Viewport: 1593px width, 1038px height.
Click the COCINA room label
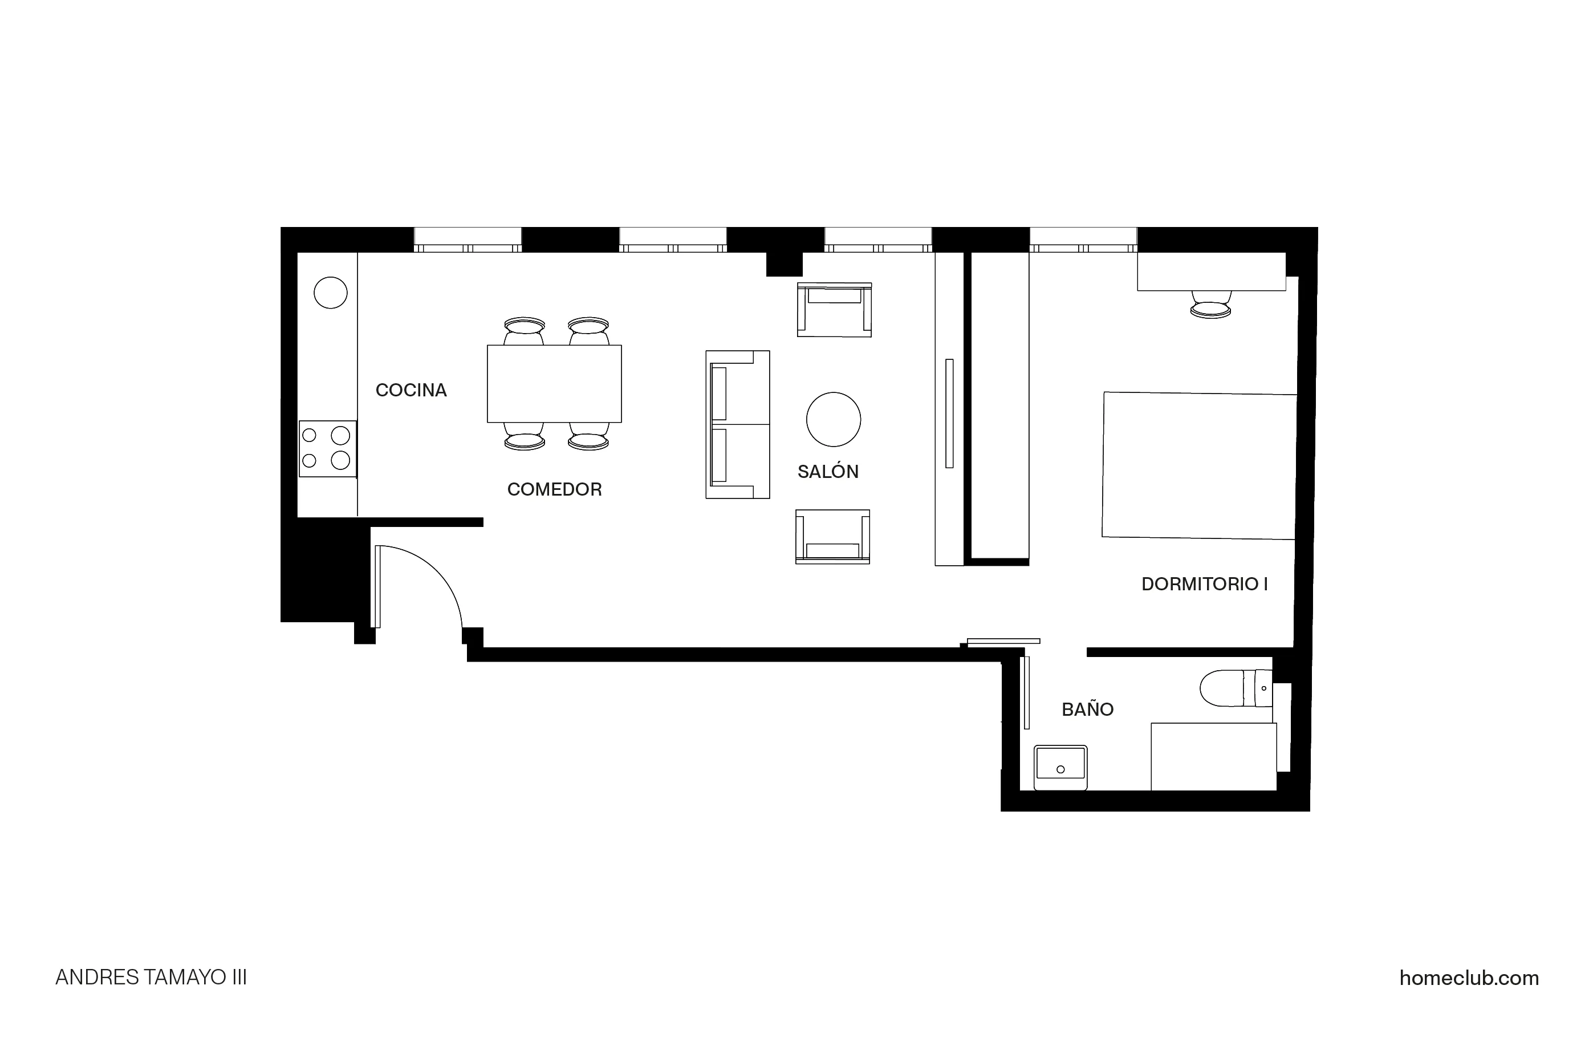click(411, 391)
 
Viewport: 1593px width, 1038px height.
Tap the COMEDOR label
click(554, 489)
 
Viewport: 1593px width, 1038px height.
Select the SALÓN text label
click(827, 472)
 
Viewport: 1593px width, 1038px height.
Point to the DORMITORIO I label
click(1204, 585)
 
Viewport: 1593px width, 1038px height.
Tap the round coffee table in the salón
click(834, 419)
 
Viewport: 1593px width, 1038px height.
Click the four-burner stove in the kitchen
click(327, 449)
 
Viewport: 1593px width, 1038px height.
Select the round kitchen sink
click(331, 293)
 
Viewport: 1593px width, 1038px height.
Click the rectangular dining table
click(554, 384)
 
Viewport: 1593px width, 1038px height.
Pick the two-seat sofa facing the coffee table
click(737, 424)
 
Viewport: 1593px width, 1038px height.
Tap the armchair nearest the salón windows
click(834, 309)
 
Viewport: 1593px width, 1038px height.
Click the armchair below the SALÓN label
click(832, 537)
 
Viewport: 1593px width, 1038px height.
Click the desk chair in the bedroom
click(1211, 305)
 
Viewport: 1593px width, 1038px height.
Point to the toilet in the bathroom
click(1235, 688)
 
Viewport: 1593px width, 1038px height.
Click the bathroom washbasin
click(1060, 768)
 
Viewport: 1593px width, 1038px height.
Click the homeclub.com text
click(1469, 978)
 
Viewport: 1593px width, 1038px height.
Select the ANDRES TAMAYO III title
click(151, 978)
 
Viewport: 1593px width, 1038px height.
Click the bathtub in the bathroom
click(1213, 756)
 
